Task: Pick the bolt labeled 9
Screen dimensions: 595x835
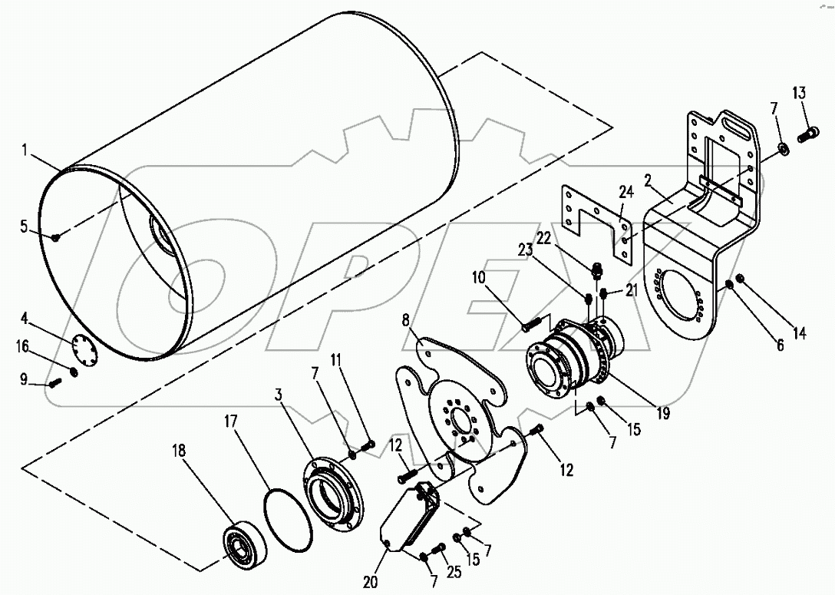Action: tap(55, 382)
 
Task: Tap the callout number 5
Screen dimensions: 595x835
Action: tap(25, 226)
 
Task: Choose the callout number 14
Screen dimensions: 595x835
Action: tap(801, 333)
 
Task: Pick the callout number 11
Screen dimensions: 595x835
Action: tap(336, 359)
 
